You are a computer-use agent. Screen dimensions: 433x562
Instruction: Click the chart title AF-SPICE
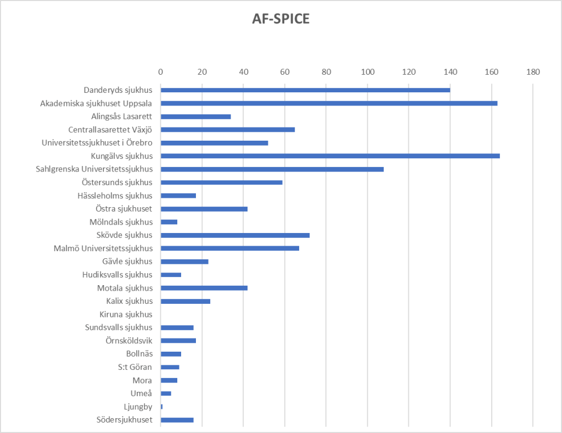pyautogui.click(x=281, y=19)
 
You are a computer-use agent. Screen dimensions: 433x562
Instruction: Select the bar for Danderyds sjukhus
pyautogui.click(x=305, y=90)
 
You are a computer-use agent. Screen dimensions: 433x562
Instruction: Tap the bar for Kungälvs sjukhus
pyautogui.click(x=330, y=156)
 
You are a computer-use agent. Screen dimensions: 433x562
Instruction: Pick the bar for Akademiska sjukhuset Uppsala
pyautogui.click(x=329, y=103)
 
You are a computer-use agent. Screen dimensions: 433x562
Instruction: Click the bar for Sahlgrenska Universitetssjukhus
pyautogui.click(x=272, y=169)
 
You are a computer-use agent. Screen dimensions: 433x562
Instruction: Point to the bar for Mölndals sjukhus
pyautogui.click(x=169, y=222)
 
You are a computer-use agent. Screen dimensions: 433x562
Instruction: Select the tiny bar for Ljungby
pyautogui.click(x=161, y=407)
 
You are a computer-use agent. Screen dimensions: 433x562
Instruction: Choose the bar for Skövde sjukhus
pyautogui.click(x=235, y=235)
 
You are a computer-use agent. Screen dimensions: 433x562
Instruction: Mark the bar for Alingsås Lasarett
pyautogui.click(x=196, y=116)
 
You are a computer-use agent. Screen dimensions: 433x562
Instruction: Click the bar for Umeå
pyautogui.click(x=166, y=393)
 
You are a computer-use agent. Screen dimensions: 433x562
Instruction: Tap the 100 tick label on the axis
pyautogui.click(x=367, y=71)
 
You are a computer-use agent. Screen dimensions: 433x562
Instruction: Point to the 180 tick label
pyautogui.click(x=533, y=71)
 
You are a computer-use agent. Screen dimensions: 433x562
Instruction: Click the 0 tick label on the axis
pyautogui.click(x=160, y=71)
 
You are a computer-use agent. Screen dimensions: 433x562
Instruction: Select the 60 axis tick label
pyautogui.click(x=284, y=71)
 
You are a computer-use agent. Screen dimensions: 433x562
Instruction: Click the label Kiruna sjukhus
pyautogui.click(x=126, y=314)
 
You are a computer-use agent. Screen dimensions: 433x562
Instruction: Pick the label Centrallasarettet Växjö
pyautogui.click(x=110, y=130)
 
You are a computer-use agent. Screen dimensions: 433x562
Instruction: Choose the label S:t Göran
pyautogui.click(x=135, y=367)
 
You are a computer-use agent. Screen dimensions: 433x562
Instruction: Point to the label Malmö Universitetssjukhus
pyautogui.click(x=103, y=248)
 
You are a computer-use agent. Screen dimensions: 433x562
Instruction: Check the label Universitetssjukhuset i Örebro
pyautogui.click(x=97, y=143)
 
